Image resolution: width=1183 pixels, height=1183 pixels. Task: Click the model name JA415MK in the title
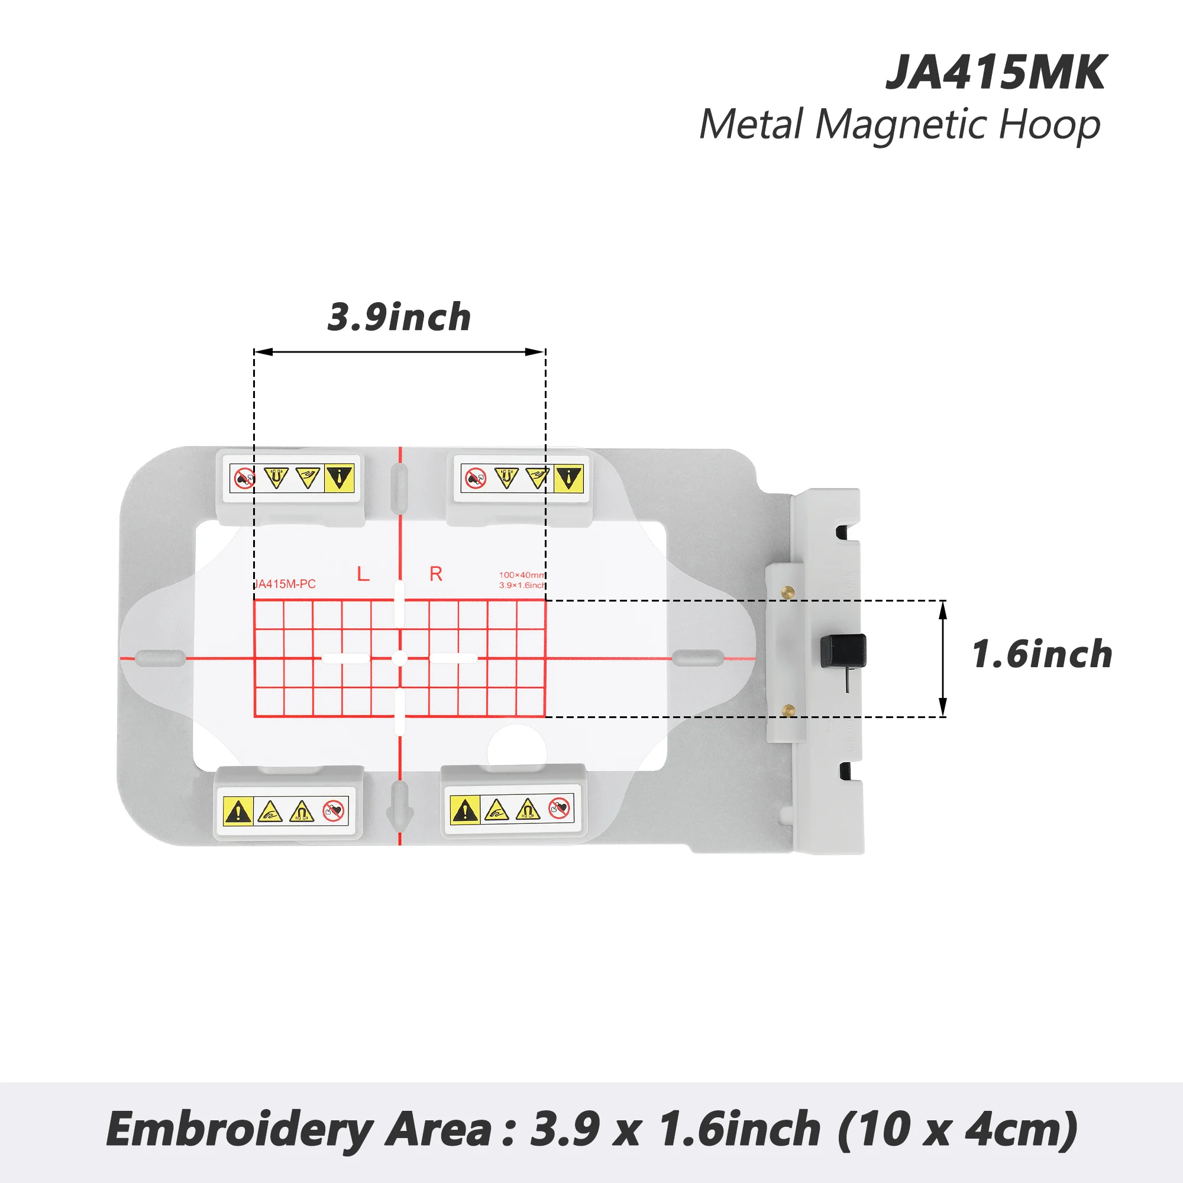pos(995,73)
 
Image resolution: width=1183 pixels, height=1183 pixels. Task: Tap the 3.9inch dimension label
pos(399,318)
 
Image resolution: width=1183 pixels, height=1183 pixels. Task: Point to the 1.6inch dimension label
pos(1042,654)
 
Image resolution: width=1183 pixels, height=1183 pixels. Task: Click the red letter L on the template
pos(363,574)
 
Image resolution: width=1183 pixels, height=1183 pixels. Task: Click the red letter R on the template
pos(436,574)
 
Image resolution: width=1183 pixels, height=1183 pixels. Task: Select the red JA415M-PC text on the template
pos(285,584)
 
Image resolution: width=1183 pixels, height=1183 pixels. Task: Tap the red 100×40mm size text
pos(521,575)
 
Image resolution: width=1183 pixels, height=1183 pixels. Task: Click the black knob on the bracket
pos(843,650)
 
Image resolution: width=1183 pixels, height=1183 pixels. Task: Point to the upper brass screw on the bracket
pos(788,591)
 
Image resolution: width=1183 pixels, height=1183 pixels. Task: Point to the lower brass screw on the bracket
pos(788,710)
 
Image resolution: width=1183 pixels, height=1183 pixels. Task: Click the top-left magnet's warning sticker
pos(292,478)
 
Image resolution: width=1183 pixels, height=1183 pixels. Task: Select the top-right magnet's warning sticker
pos(522,478)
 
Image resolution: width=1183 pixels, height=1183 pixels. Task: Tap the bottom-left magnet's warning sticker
pos(285,812)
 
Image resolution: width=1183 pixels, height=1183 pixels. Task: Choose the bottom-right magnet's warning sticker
pos(512,810)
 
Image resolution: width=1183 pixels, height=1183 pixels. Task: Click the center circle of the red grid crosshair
pos(399,658)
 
